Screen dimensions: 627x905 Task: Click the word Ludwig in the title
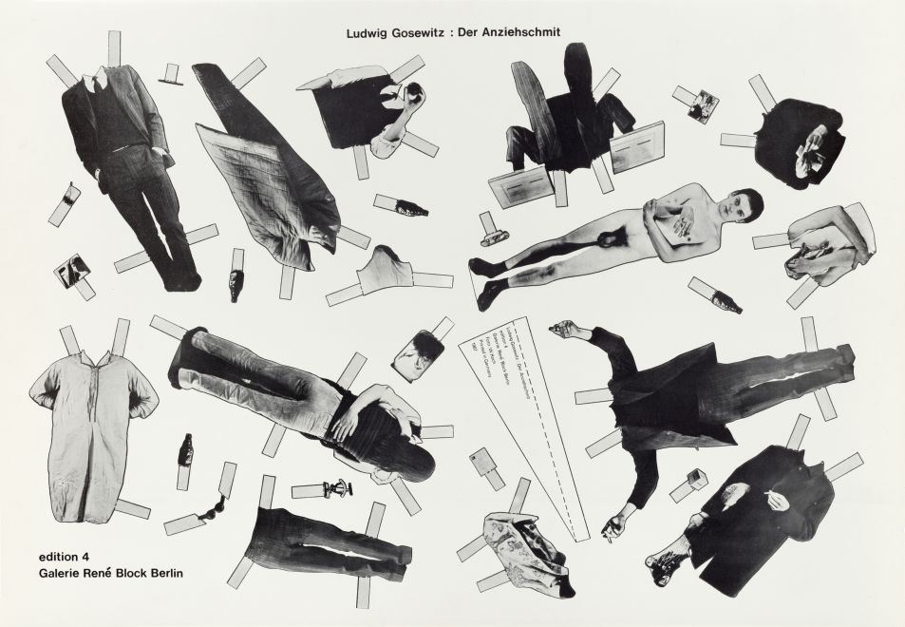tap(372, 31)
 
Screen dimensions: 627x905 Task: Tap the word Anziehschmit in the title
tap(523, 31)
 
